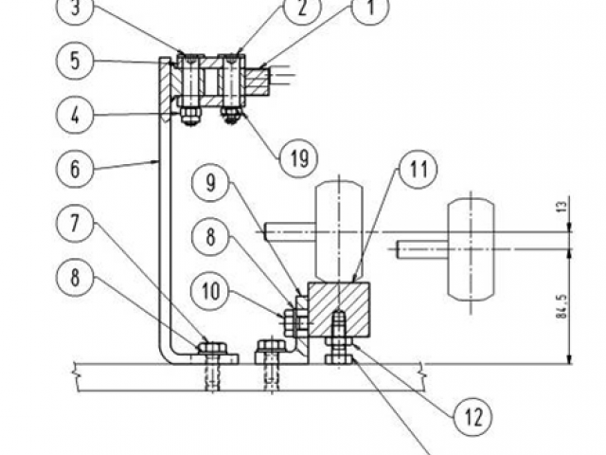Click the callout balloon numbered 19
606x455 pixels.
coord(299,158)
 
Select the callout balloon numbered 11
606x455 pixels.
coord(419,170)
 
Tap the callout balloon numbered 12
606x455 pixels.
coord(473,417)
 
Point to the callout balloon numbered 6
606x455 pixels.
coord(75,169)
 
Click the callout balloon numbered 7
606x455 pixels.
coord(75,224)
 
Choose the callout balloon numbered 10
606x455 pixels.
coord(210,291)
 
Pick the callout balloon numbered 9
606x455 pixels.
coord(210,183)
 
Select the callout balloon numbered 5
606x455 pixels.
coord(75,61)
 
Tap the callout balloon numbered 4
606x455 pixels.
coord(75,115)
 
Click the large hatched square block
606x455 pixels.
coord(339,310)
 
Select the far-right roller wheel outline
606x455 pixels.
coord(471,249)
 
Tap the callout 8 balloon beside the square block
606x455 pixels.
coord(210,237)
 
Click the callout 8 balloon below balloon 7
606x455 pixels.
coord(75,278)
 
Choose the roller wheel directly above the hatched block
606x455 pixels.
coord(339,230)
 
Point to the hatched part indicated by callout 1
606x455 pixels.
coord(256,82)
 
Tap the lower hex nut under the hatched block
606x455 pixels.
coord(339,359)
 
